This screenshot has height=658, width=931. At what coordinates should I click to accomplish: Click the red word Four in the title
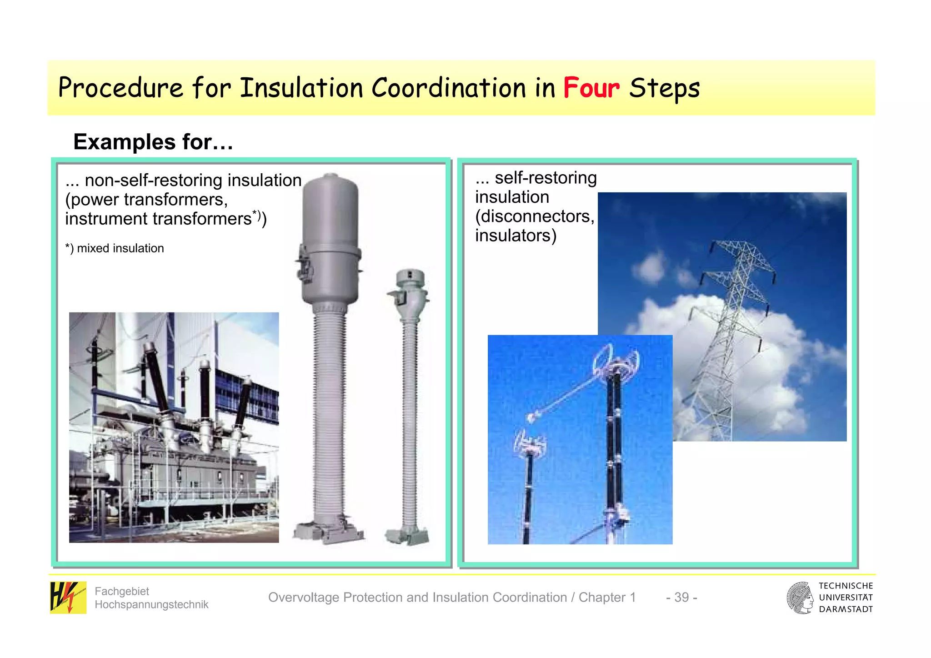(x=591, y=88)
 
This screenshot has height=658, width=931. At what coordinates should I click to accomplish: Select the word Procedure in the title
(x=120, y=88)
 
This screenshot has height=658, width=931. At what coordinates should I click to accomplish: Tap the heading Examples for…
(x=153, y=142)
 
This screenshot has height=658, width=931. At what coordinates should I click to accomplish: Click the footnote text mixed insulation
(x=120, y=248)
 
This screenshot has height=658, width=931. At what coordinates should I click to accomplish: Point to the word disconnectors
(x=535, y=216)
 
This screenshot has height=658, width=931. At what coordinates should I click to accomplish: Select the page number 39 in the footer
(x=681, y=597)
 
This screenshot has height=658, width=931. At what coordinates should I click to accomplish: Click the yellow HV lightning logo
(x=68, y=598)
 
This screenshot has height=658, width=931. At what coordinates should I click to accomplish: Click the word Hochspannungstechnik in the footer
(x=151, y=604)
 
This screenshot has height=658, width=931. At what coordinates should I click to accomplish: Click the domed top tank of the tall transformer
(x=330, y=209)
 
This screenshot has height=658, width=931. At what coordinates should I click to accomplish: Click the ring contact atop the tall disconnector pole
(x=616, y=359)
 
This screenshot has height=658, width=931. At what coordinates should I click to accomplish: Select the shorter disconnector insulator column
(x=529, y=491)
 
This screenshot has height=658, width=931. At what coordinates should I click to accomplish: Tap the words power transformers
(x=146, y=200)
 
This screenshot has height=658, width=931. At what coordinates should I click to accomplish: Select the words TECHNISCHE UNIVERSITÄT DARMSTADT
(x=846, y=598)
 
